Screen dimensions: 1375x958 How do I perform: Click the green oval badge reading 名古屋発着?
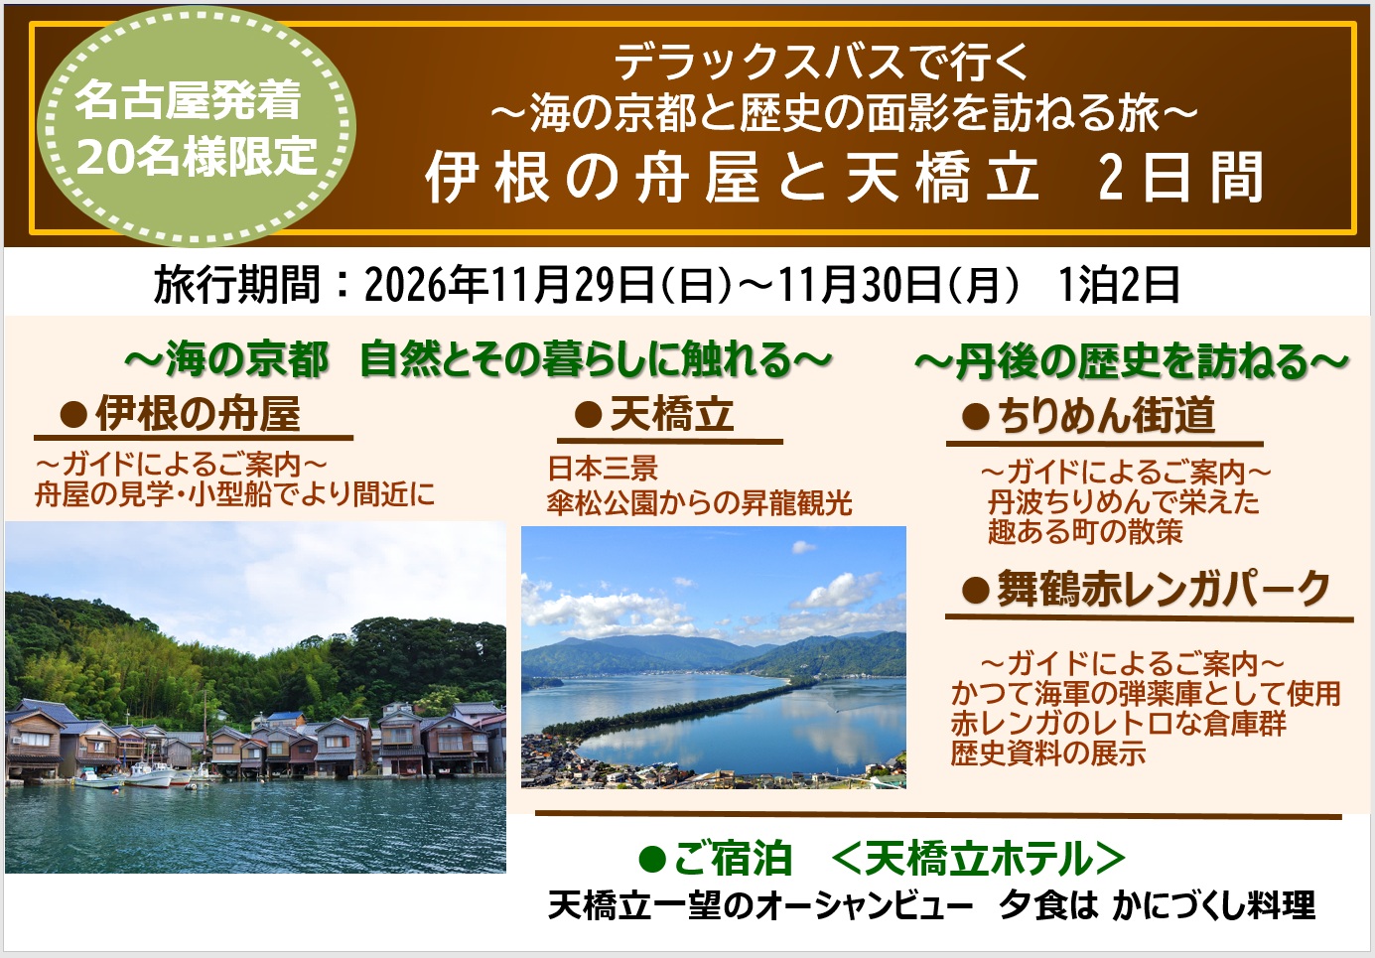(x=197, y=126)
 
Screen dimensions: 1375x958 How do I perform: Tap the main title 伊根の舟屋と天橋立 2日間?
(x=844, y=178)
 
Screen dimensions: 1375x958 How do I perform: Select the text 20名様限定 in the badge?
(x=197, y=156)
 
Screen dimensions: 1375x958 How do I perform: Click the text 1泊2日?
(x=1119, y=285)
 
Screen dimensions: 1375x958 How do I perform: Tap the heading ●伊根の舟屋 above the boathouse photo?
(x=180, y=414)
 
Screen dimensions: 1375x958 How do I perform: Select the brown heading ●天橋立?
(x=653, y=415)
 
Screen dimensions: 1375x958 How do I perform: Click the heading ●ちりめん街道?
(x=1088, y=416)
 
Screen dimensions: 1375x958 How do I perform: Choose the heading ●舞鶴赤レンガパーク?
(x=1146, y=589)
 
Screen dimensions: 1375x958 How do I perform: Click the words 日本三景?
(x=603, y=469)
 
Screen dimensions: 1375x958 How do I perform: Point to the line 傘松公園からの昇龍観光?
(x=700, y=503)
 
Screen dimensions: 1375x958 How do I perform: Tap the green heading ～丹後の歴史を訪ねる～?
(x=1132, y=362)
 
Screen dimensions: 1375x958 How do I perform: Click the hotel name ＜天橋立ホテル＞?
(x=979, y=858)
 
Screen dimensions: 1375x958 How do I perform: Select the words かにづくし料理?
(x=1213, y=905)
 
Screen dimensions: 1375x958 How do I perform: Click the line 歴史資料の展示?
(x=1048, y=753)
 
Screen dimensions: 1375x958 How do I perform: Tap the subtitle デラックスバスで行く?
(x=821, y=64)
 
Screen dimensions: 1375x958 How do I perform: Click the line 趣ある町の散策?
(x=1085, y=531)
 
